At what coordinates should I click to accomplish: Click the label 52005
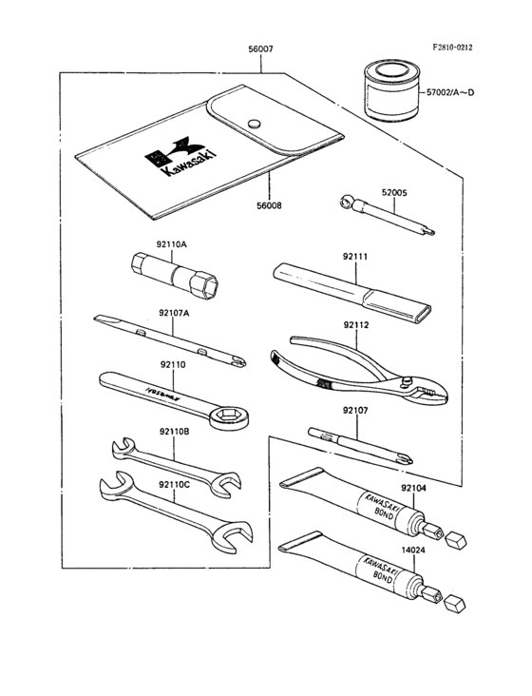click(x=394, y=193)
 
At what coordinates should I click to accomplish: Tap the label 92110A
click(x=172, y=244)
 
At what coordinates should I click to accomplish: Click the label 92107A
click(x=176, y=312)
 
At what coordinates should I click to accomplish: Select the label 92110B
click(x=174, y=431)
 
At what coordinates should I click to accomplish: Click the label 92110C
click(x=174, y=484)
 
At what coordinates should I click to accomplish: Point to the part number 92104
click(x=412, y=488)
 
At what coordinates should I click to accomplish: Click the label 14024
click(x=412, y=550)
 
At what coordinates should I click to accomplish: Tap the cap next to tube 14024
click(x=458, y=603)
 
